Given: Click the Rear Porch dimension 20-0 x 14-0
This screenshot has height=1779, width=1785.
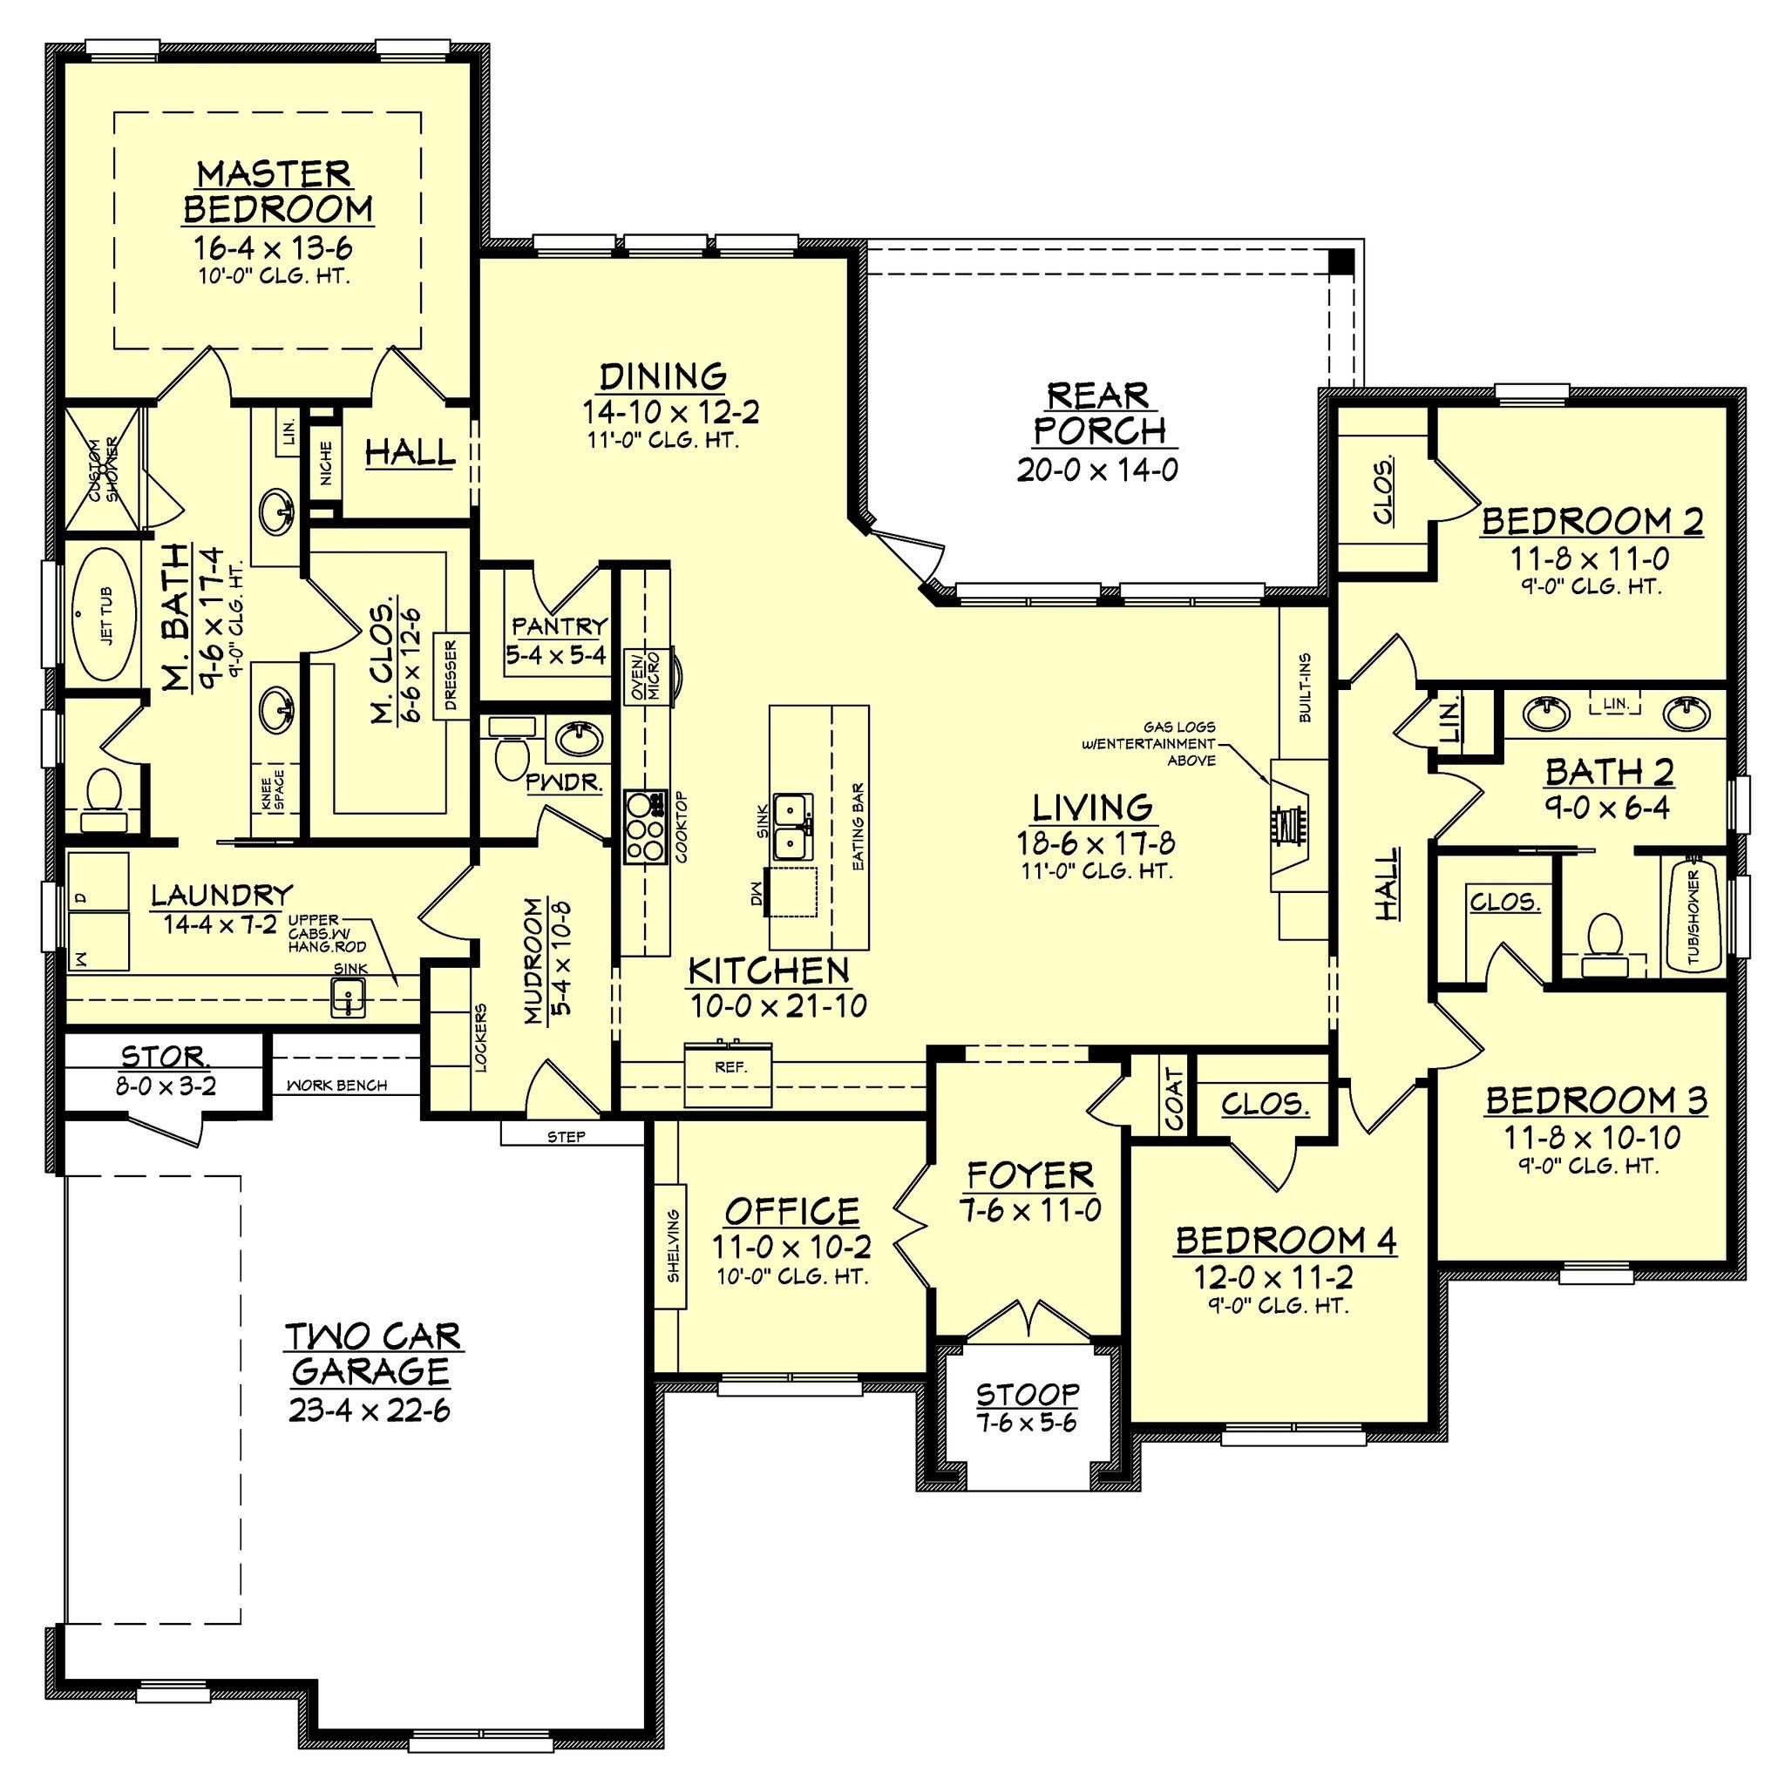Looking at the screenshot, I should coord(1096,470).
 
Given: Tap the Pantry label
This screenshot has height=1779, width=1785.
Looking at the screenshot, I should coord(559,626).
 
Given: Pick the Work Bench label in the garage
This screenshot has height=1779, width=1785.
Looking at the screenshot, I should coord(336,1085).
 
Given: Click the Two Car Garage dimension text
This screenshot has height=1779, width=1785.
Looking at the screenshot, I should coord(369,1412).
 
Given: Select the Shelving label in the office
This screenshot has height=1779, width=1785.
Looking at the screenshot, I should coord(674,1246).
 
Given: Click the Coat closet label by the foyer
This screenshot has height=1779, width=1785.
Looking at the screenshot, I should coord(1174,1099).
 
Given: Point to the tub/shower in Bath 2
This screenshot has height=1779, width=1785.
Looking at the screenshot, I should coord(1693,914).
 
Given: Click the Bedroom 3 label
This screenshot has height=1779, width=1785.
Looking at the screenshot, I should coord(1596,1101).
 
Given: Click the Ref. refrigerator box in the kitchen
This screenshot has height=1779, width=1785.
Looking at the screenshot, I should coord(730,1072).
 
